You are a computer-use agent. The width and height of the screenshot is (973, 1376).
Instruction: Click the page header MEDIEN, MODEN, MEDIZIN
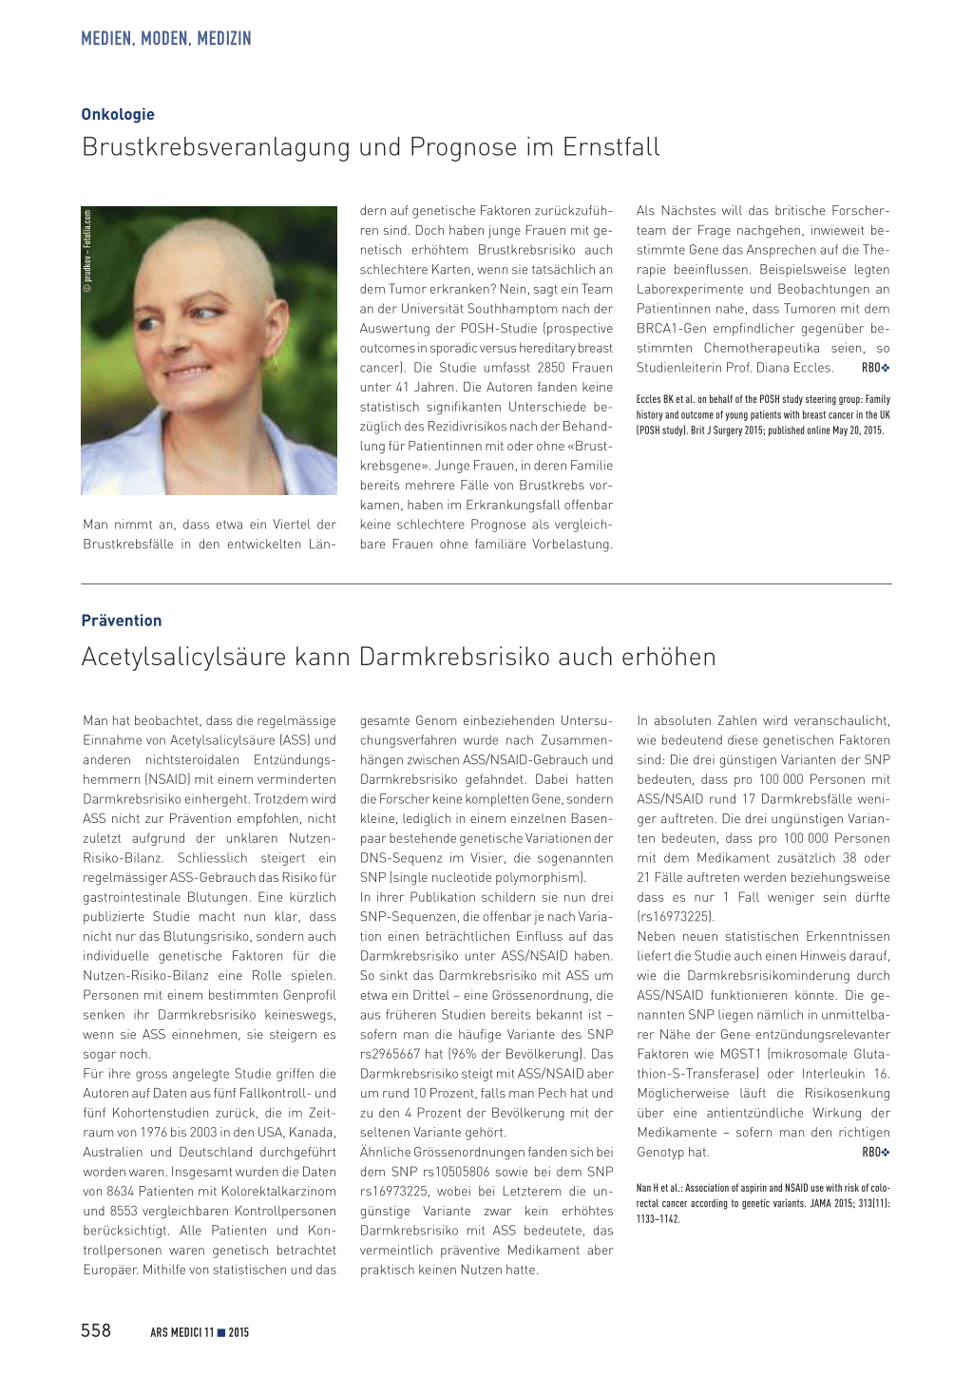pos(166,39)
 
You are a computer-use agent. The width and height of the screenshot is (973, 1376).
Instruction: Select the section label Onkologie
pos(118,114)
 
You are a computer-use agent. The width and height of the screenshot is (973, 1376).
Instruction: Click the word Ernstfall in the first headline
pos(611,147)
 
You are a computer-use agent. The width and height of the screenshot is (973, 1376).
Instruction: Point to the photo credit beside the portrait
pos(87,251)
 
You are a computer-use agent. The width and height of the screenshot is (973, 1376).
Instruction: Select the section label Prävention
pos(122,621)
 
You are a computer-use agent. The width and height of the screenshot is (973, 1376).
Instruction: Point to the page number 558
pos(96,1330)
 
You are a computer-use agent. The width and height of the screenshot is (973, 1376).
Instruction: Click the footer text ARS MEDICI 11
pos(181,1332)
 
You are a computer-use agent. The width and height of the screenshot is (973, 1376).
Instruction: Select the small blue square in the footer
pos(221,1332)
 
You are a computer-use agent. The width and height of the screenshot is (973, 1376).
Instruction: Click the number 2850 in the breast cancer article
pos(552,368)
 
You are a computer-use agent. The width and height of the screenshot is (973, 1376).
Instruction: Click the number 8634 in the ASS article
pos(124,1192)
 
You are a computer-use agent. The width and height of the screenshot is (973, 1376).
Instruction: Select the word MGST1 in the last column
pos(741,1054)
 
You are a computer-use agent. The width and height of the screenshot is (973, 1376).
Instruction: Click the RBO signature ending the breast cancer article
pos(875,368)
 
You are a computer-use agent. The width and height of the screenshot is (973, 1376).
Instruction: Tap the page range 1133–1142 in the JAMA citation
pos(658,1219)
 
